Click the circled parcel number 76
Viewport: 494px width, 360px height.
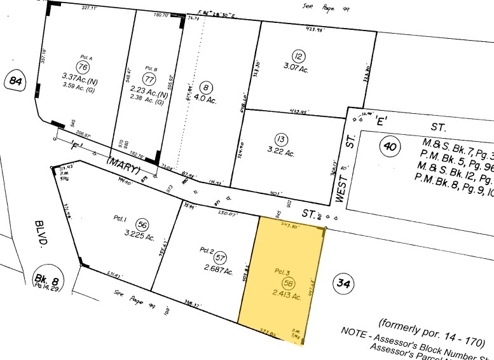click(81, 67)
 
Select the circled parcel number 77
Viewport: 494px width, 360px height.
click(150, 80)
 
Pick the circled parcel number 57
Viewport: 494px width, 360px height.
click(219, 258)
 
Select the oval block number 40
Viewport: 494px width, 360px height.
click(388, 148)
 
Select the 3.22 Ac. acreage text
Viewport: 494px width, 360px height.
click(280, 153)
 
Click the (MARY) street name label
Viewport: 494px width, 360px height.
click(124, 164)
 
